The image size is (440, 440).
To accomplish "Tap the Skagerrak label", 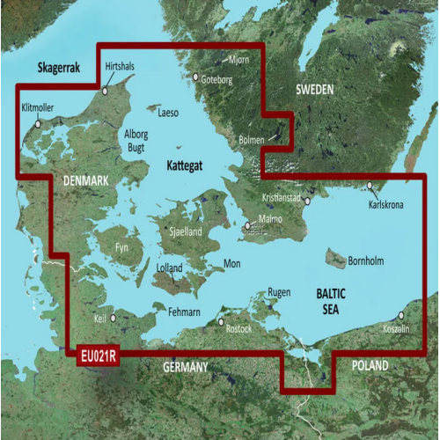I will pos(55,68).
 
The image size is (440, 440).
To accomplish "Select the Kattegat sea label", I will pos(185,165).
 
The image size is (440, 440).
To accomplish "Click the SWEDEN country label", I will pos(314,89).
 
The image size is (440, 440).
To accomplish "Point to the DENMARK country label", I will pos(85,180).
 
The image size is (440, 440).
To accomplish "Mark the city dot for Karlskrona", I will pos(371,186).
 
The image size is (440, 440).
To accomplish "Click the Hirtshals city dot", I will pos(106,89).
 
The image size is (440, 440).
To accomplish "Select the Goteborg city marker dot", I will pos(196,77).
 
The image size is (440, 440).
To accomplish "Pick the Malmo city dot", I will pos(248,226).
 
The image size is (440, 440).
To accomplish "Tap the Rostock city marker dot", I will pos(221,322).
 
